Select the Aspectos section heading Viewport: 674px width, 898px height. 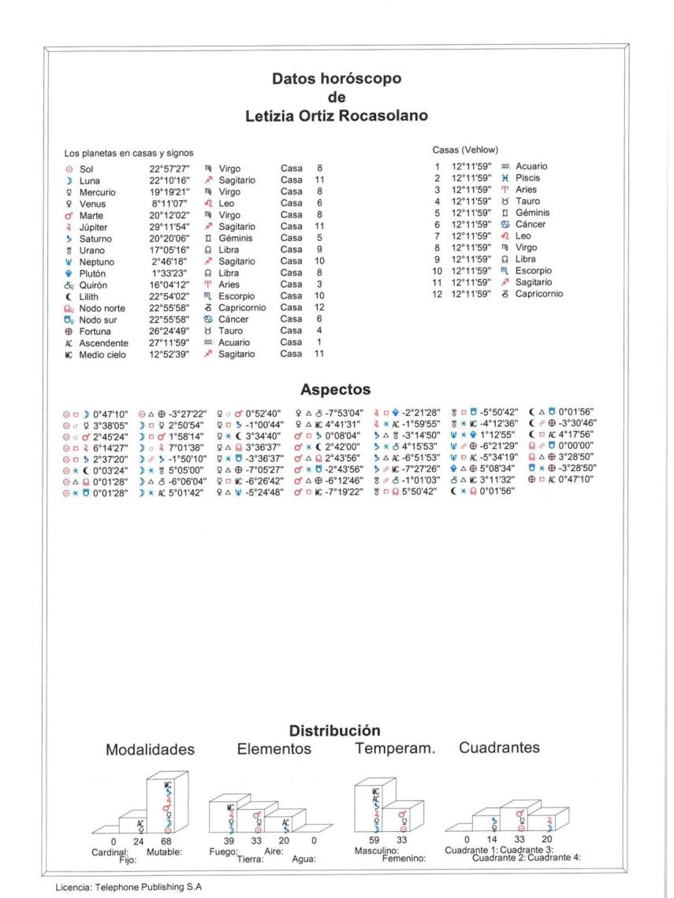click(336, 390)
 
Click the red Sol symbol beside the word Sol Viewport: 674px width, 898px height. click(68, 168)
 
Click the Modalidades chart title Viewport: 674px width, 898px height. click(151, 749)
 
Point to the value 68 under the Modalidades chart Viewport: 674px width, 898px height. click(166, 842)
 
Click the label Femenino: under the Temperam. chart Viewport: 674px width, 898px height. click(403, 859)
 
